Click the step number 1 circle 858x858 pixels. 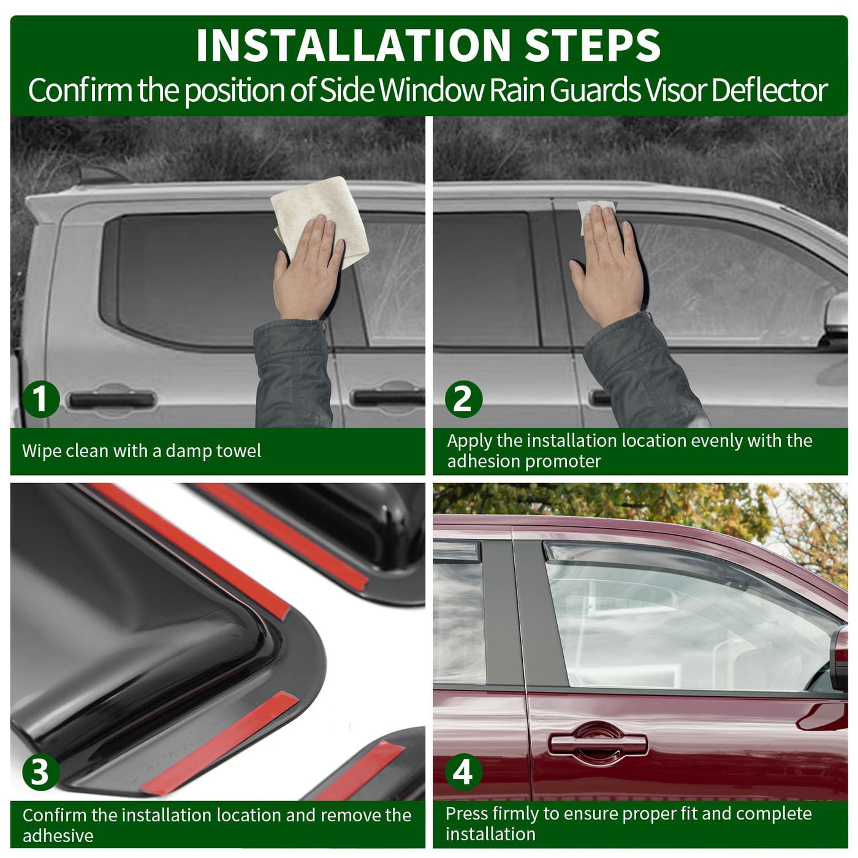[40, 399]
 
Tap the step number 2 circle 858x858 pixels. [463, 399]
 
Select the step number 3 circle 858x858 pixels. [40, 773]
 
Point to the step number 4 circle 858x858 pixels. [463, 773]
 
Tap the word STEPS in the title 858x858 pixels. [593, 45]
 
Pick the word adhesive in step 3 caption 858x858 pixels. [58, 836]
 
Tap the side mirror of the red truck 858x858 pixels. [839, 659]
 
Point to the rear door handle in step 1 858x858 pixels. [112, 400]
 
